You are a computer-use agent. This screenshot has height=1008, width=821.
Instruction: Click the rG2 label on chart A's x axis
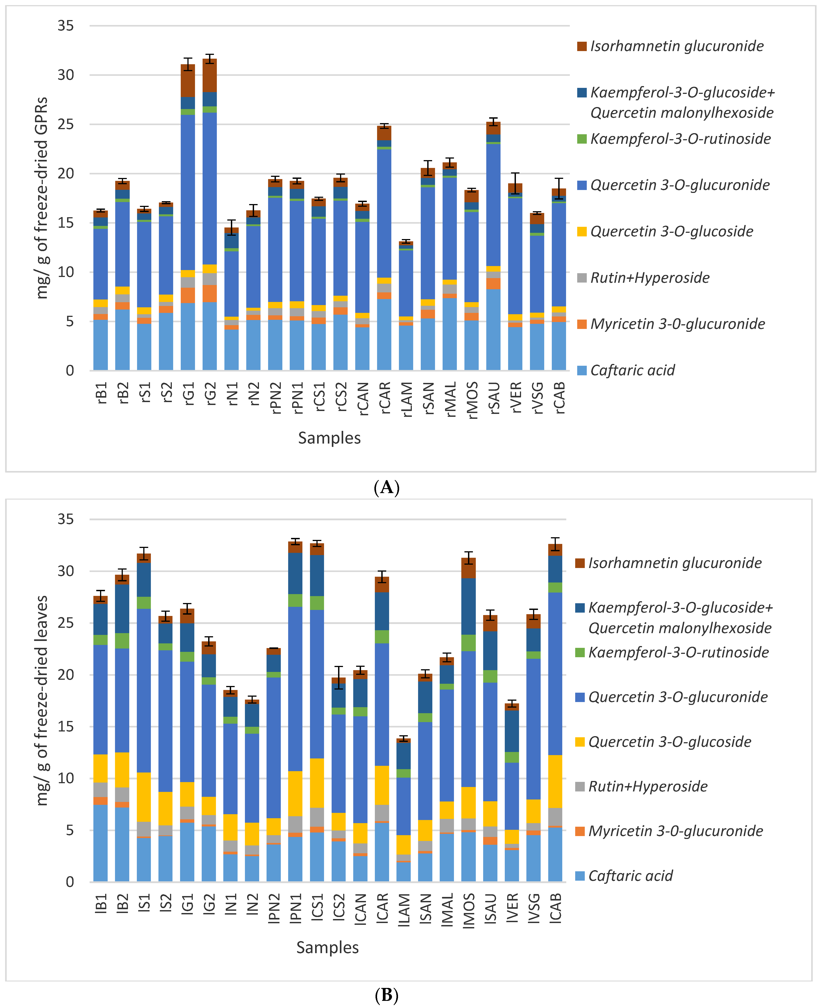210,394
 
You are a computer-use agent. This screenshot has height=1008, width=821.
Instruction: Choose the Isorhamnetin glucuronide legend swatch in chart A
582,46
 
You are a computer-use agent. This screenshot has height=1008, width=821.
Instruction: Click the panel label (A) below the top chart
386,487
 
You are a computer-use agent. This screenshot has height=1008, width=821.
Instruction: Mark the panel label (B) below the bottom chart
386,996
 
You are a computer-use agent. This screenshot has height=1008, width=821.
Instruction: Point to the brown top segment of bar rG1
188,81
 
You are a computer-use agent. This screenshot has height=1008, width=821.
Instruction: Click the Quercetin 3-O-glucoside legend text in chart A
671,231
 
